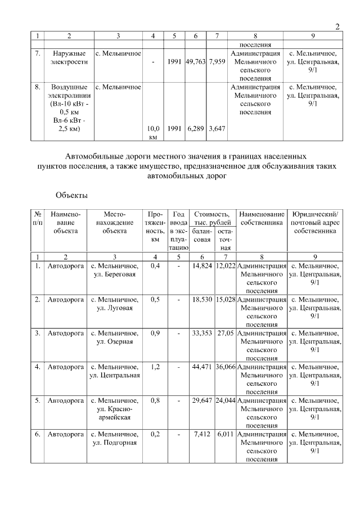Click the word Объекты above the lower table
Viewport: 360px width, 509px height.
[x=71, y=195]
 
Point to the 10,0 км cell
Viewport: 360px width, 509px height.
[x=153, y=133]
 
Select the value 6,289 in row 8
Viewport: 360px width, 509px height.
[x=195, y=129]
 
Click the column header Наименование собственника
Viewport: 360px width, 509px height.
[x=261, y=218]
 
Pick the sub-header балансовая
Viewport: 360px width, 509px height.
[x=201, y=235]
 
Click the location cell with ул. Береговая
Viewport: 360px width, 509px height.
[x=116, y=269]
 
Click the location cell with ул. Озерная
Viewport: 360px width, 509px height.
[x=116, y=337]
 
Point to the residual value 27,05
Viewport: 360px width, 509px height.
[x=225, y=333]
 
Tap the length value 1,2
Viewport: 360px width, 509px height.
[x=155, y=367]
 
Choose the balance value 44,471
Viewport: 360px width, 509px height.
[x=201, y=367]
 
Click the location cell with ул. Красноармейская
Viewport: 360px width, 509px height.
[x=116, y=409]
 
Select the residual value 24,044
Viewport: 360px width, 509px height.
[x=225, y=400]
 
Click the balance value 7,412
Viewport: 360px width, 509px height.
[x=202, y=434]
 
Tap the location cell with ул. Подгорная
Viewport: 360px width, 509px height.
[x=116, y=439]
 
